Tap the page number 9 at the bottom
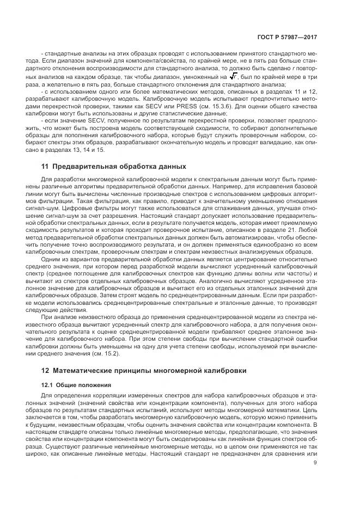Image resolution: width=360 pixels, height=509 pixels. (315, 464)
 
